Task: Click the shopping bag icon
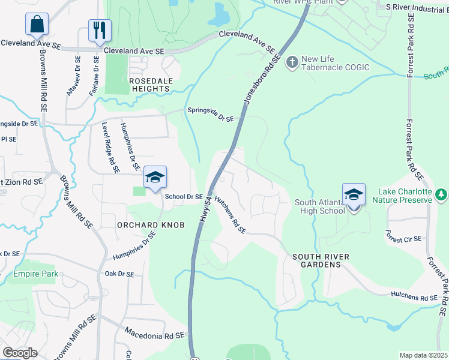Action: pyautogui.click(x=37, y=25)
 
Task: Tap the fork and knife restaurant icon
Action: pyautogui.click(x=99, y=30)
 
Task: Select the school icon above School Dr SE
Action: pyautogui.click(x=154, y=178)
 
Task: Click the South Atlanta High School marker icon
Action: pyautogui.click(x=354, y=195)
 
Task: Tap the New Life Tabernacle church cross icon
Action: pyautogui.click(x=292, y=62)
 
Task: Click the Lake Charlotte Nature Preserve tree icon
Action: pyautogui.click(x=441, y=194)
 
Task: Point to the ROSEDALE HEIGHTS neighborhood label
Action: pyautogui.click(x=149, y=84)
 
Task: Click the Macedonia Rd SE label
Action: pyautogui.click(x=156, y=332)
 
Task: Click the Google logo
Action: pyautogui.click(x=20, y=353)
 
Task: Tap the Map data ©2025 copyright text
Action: pyautogui.click(x=423, y=355)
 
